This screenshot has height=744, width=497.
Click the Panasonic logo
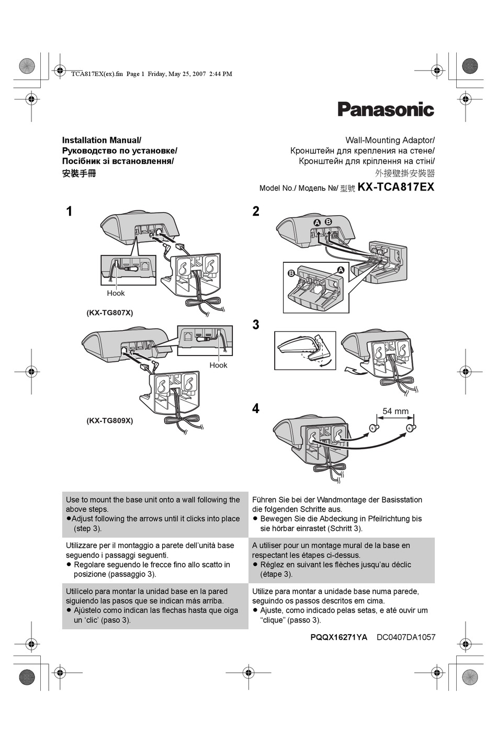pyautogui.click(x=386, y=109)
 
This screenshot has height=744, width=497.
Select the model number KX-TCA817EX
pyautogui.click(x=396, y=187)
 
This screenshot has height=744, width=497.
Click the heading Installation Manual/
pyautogui.click(x=101, y=140)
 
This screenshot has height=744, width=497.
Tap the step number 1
pyautogui.click(x=69, y=212)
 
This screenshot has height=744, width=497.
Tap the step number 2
pyautogui.click(x=256, y=212)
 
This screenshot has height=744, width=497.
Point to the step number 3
pyautogui.click(x=256, y=325)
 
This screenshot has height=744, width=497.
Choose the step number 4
pyautogui.click(x=256, y=408)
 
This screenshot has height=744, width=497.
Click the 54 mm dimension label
pyautogui.click(x=395, y=411)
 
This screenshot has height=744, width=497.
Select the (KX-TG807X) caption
pyautogui.click(x=110, y=313)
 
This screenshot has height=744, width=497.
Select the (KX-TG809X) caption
pyautogui.click(x=110, y=420)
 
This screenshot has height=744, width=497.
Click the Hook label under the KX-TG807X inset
pyautogui.click(x=116, y=293)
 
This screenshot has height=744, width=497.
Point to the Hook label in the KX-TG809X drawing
pyautogui.click(x=218, y=365)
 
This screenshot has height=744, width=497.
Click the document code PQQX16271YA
pyautogui.click(x=338, y=637)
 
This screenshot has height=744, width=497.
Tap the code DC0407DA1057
pyautogui.click(x=406, y=637)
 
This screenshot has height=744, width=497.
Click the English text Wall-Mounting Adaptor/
pyautogui.click(x=390, y=140)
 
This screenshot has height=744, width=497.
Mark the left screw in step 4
pyautogui.click(x=374, y=428)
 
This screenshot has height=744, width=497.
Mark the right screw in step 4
pyautogui.click(x=410, y=428)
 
